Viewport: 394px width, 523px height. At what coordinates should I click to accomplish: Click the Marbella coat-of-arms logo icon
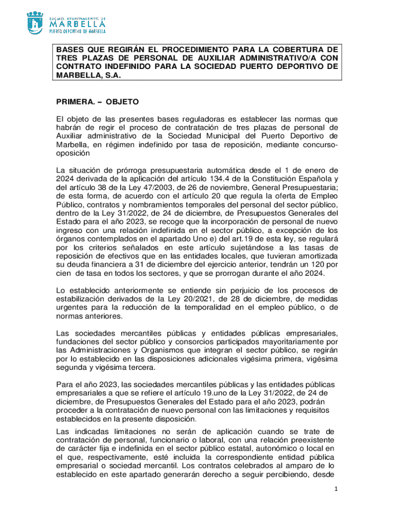[35, 22]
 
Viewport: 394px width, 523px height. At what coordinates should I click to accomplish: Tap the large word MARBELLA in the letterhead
[77, 23]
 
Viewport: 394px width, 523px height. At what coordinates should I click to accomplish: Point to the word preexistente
[311, 440]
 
